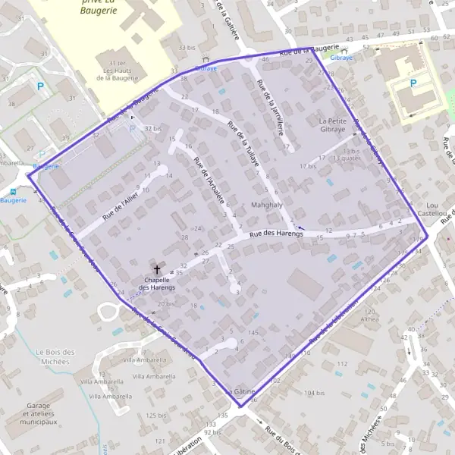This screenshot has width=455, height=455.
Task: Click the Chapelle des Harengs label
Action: coord(157,284)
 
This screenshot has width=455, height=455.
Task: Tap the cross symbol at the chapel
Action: coord(158,269)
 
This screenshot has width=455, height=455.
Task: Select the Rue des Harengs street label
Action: coord(276,235)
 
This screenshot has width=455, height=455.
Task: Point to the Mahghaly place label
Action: coord(266,206)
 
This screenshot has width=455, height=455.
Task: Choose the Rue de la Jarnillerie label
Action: coord(271,106)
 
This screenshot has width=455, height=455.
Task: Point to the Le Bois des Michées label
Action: coord(56,356)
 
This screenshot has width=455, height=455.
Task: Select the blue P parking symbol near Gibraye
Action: coord(413,84)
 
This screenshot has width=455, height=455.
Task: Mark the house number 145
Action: coord(253,333)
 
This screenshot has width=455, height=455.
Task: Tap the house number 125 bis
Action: coord(157,416)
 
